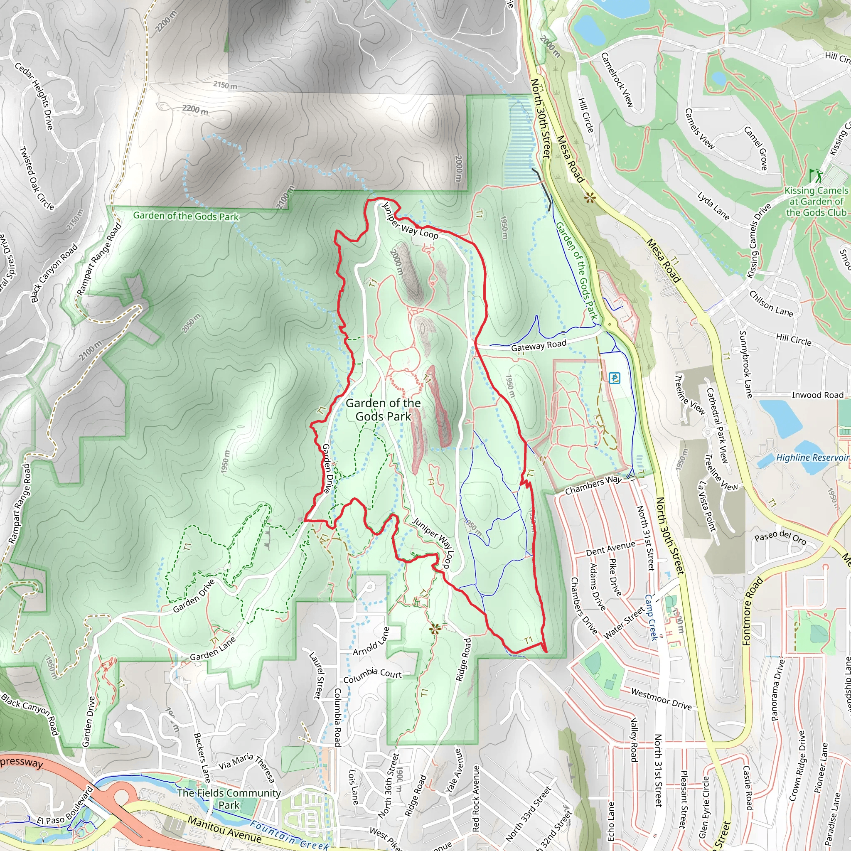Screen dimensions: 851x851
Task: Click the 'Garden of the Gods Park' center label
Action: (383, 410)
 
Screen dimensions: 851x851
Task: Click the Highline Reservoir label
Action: (812, 457)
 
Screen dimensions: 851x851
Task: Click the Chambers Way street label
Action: (593, 485)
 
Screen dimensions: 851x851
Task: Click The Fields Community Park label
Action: (229, 799)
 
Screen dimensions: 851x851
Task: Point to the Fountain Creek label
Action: (289, 836)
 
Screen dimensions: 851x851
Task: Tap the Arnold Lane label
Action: (371, 641)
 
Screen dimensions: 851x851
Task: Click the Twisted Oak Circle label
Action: (36, 178)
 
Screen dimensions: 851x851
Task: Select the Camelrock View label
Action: (617, 80)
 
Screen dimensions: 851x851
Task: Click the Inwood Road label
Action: (817, 395)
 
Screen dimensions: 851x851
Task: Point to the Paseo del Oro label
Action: (780, 537)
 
